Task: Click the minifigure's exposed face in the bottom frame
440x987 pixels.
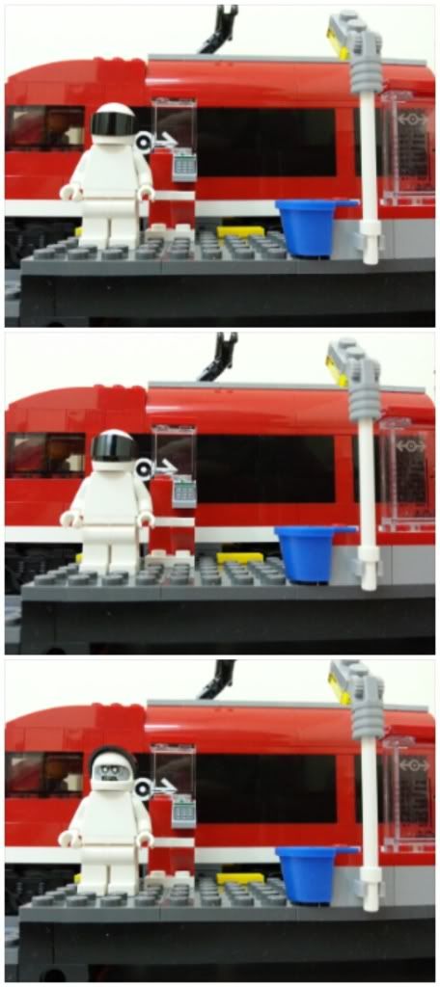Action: (x=113, y=772)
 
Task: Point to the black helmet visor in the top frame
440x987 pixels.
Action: (x=113, y=124)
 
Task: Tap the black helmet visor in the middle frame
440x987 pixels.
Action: (x=113, y=449)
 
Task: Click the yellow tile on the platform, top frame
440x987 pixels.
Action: (x=240, y=231)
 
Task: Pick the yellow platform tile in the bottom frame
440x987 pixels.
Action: (x=240, y=878)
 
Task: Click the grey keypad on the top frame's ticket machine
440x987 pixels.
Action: (x=184, y=167)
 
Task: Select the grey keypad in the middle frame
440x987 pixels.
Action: (x=184, y=493)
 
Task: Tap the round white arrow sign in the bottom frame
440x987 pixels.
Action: (x=144, y=788)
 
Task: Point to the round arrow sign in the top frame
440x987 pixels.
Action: (x=144, y=142)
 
